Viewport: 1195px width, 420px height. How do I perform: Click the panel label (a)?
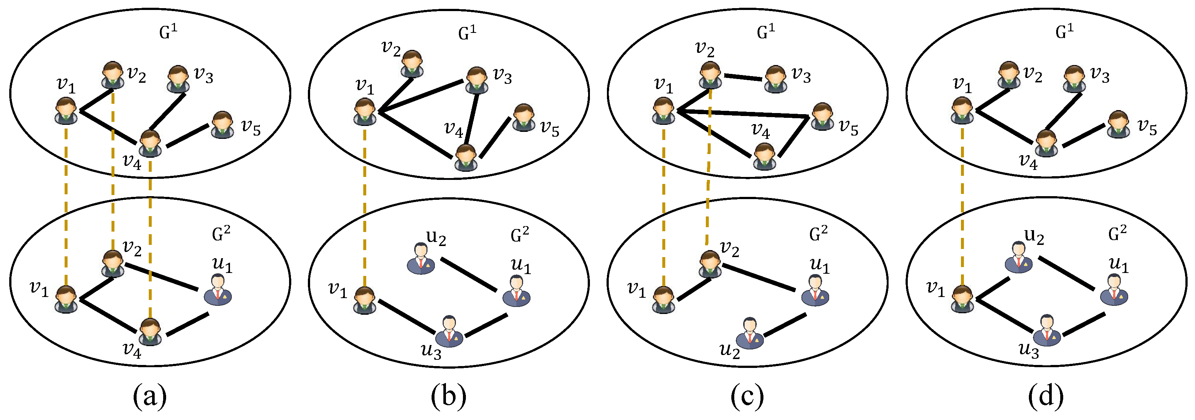coord(150,397)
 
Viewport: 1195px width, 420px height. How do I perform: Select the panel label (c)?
coord(747,397)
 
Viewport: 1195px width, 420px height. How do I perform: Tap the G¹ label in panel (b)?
coord(467,33)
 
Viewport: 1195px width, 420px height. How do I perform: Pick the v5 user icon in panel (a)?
coord(222,125)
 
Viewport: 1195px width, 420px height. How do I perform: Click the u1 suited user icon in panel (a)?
coord(218,290)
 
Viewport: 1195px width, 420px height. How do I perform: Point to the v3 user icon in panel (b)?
coord(477,80)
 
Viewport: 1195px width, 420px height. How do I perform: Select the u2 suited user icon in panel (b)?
coord(421,259)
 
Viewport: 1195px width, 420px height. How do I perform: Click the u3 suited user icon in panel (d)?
coord(1047,331)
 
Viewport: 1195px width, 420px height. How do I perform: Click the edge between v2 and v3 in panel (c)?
coord(743,78)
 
